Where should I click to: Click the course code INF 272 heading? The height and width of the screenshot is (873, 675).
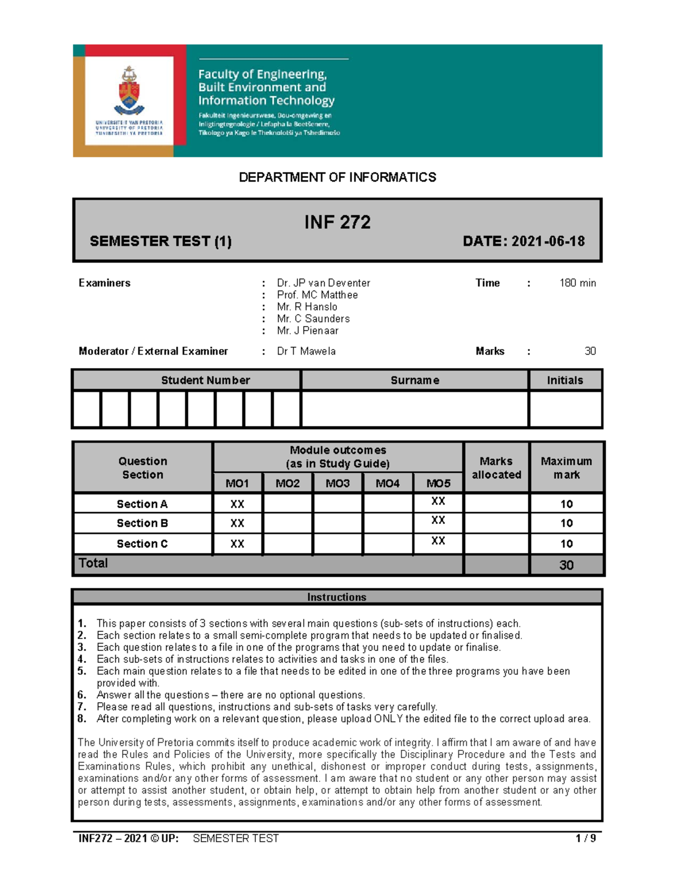(x=337, y=222)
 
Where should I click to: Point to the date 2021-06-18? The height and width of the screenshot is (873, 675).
(x=548, y=241)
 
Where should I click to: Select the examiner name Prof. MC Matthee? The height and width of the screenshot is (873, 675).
(x=317, y=295)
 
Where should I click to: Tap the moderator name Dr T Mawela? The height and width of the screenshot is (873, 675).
(x=306, y=351)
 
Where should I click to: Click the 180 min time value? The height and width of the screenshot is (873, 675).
(x=577, y=283)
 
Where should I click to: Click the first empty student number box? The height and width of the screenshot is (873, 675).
(x=87, y=409)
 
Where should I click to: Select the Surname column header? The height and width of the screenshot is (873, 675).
(x=415, y=380)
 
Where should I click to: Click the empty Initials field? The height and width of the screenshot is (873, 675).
(x=565, y=409)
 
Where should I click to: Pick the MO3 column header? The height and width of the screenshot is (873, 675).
(x=337, y=483)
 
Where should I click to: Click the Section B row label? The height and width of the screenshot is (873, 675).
(x=142, y=523)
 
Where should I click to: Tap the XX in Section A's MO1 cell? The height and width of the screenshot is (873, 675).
(x=237, y=504)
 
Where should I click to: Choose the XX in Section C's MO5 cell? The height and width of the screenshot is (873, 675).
(x=438, y=541)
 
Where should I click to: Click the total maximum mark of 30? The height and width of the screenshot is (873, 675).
(x=566, y=565)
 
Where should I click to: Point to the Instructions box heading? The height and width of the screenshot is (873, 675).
(x=336, y=597)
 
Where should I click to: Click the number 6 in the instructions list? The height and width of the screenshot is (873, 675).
(x=82, y=695)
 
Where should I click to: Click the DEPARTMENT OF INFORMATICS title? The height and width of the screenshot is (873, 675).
(x=337, y=177)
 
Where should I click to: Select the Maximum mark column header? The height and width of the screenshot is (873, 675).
(x=566, y=468)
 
